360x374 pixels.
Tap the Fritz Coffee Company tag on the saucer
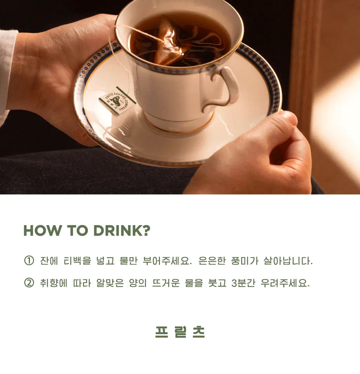[x=117, y=100]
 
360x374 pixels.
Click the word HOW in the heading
[x=43, y=231]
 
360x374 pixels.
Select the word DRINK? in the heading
[x=122, y=231]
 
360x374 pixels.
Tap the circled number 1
[x=29, y=260]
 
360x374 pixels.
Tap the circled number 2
[x=29, y=283]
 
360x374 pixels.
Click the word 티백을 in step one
[x=77, y=261]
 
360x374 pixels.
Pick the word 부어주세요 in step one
[x=167, y=261]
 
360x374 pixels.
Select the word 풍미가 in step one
[x=245, y=261]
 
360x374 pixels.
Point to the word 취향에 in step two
[x=54, y=283]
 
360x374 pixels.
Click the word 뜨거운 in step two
[x=166, y=283]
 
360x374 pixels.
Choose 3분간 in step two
[x=243, y=283]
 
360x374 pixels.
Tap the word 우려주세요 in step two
[x=285, y=283]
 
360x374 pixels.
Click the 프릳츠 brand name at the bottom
[x=180, y=332]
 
